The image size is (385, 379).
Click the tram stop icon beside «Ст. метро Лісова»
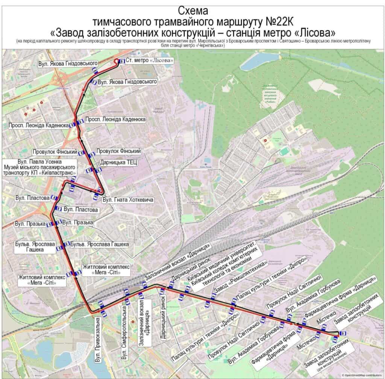(x=122, y=61)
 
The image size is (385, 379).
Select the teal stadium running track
(x=285, y=151)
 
